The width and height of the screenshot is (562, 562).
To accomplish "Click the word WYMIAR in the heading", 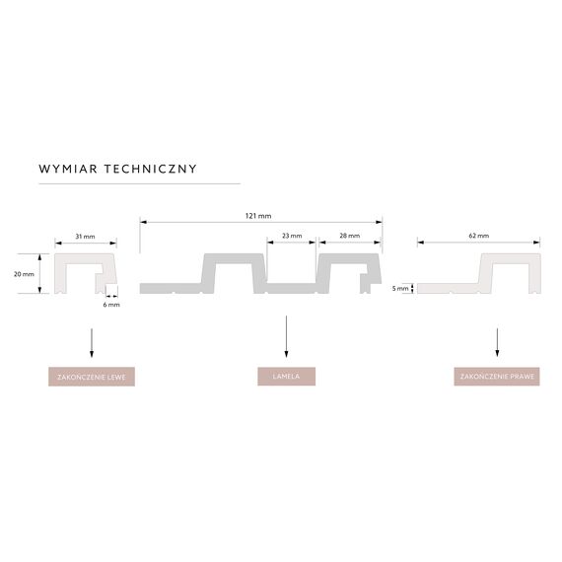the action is click(x=68, y=169).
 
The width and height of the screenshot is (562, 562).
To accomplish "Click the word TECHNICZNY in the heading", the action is click(x=151, y=169).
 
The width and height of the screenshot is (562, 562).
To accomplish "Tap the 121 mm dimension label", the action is click(x=258, y=216).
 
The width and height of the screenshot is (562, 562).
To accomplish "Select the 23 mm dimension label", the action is click(x=292, y=236).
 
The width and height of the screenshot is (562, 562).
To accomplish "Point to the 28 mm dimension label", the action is click(x=349, y=236).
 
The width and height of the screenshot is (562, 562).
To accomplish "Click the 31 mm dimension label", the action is click(x=86, y=237).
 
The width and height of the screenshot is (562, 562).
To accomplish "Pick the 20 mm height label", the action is click(x=24, y=274).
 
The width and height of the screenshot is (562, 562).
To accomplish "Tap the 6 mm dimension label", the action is click(x=111, y=305).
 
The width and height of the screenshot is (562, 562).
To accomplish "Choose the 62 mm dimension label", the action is click(x=479, y=236).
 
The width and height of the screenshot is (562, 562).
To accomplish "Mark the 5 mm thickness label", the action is click(x=400, y=289).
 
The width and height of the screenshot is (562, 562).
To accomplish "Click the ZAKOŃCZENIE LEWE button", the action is click(x=92, y=377).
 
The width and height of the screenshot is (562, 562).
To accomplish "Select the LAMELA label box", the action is click(x=286, y=377).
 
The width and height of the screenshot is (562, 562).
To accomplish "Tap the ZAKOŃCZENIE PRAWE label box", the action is click(x=497, y=377).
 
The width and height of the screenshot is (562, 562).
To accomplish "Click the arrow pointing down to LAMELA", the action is click(x=286, y=336).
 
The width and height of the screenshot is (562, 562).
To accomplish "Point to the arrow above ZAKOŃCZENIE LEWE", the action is click(x=92, y=343).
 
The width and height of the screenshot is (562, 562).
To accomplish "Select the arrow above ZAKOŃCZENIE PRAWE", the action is click(x=497, y=342).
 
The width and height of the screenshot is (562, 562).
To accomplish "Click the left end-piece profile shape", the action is click(x=60, y=273).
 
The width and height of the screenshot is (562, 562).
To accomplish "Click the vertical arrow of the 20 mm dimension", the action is click(x=39, y=273).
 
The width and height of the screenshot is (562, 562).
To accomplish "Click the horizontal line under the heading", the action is click(x=139, y=183).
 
